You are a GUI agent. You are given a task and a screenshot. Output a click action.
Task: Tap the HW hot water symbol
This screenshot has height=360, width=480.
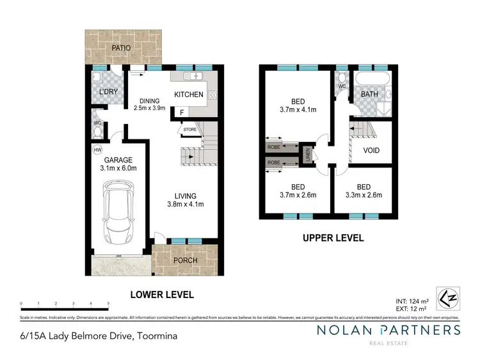(97, 150)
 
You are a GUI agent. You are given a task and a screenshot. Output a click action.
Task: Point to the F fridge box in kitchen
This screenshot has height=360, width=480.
(182, 113)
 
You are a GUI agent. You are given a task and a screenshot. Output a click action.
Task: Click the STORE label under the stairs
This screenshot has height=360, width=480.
(190, 130)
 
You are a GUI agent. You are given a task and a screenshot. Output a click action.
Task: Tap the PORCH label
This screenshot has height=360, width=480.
(186, 260)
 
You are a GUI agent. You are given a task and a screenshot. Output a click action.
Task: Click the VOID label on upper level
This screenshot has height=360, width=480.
(371, 151)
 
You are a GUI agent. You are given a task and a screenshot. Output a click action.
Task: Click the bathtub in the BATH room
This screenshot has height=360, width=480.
(371, 81)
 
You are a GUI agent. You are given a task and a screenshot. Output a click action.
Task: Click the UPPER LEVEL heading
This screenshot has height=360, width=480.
(333, 238)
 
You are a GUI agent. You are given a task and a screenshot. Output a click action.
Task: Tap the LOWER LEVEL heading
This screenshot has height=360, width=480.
(162, 295)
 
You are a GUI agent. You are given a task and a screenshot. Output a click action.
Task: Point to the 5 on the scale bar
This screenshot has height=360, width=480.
(109, 303)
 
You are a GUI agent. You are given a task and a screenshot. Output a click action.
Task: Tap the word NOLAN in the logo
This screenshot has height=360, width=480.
(346, 330)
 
